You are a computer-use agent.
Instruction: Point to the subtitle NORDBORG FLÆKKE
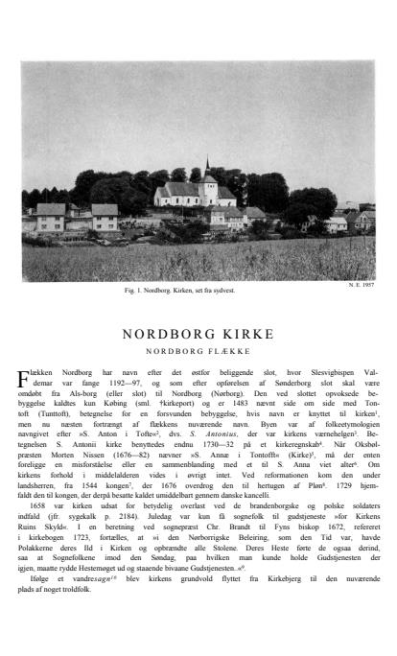pos(198,350)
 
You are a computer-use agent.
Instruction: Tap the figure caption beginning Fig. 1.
pos(198,289)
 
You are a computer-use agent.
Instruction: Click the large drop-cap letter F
pos(28,375)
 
